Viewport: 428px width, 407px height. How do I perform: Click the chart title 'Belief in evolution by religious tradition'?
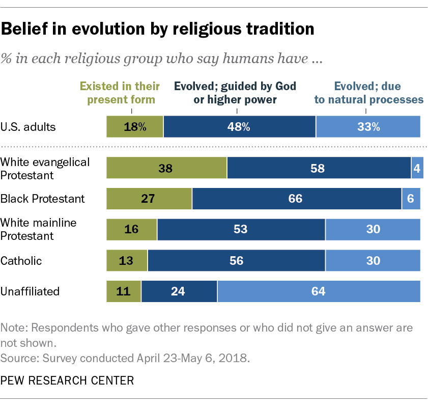[158, 30]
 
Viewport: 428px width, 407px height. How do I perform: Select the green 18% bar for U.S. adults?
[134, 127]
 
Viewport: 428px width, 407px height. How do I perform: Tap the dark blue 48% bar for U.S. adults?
[239, 127]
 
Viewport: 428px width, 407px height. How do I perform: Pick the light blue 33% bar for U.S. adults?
[368, 127]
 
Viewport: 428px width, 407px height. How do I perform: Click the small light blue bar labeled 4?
[417, 168]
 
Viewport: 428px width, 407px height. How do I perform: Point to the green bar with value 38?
[166, 168]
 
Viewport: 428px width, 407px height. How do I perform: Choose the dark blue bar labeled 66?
[296, 199]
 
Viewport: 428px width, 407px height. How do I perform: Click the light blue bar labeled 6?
[411, 199]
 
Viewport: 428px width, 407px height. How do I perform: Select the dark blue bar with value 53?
[241, 229]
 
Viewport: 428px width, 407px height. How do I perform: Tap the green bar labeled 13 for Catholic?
[127, 260]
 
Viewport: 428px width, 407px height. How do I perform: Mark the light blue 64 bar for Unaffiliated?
[319, 291]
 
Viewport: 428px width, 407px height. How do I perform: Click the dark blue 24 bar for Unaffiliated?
[179, 291]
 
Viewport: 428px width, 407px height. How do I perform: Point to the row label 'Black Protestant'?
[43, 199]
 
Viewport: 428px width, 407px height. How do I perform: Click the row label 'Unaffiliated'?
[30, 291]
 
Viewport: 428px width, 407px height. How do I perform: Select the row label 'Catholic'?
[21, 261]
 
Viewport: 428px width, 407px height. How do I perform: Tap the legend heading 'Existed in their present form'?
[124, 92]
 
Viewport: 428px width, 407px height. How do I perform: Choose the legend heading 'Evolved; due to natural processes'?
[368, 92]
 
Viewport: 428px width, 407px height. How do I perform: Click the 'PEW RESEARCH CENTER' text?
[67, 380]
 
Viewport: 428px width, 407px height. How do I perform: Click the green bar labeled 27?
[149, 199]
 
